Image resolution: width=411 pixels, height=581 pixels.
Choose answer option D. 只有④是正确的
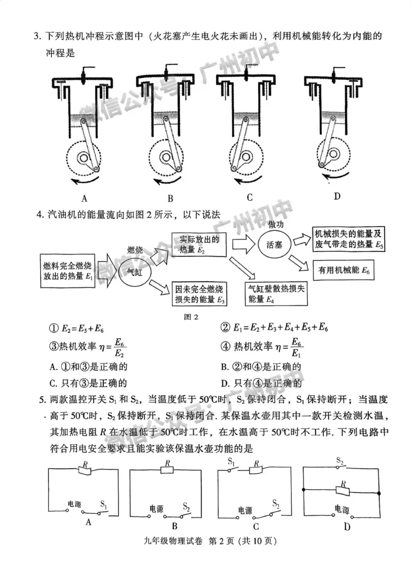[x=260, y=383]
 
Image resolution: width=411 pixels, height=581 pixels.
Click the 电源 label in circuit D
[x=342, y=509]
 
